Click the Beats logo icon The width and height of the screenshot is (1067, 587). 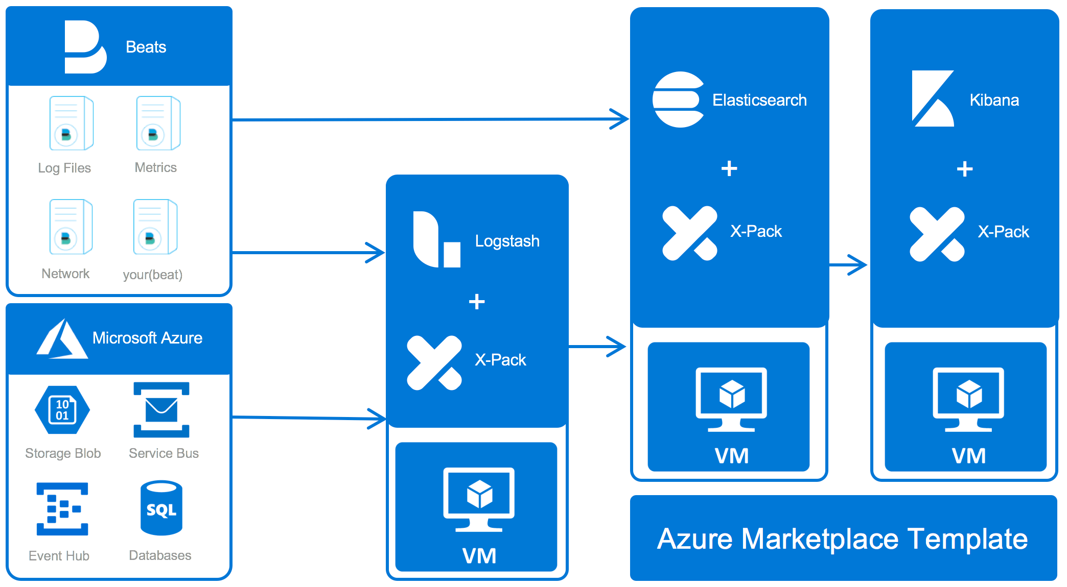point(85,47)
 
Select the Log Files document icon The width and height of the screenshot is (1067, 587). point(71,123)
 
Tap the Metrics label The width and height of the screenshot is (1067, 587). point(155,167)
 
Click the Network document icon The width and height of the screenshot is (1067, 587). point(71,227)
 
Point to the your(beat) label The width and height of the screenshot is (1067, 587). point(152,275)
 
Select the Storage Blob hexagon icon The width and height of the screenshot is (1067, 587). point(62,410)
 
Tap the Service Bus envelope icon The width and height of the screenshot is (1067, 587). point(161,410)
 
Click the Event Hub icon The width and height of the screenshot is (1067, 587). point(62,509)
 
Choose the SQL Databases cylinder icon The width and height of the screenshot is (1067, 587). point(161,508)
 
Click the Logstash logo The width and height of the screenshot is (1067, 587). point(436,239)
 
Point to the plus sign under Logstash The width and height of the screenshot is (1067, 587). point(477,302)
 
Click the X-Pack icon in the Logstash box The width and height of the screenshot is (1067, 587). point(434,363)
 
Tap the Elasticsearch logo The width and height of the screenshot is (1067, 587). point(678,100)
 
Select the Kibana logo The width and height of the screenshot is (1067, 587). point(933,99)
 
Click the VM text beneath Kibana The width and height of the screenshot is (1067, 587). point(968,456)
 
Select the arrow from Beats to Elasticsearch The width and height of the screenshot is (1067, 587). point(429,119)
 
